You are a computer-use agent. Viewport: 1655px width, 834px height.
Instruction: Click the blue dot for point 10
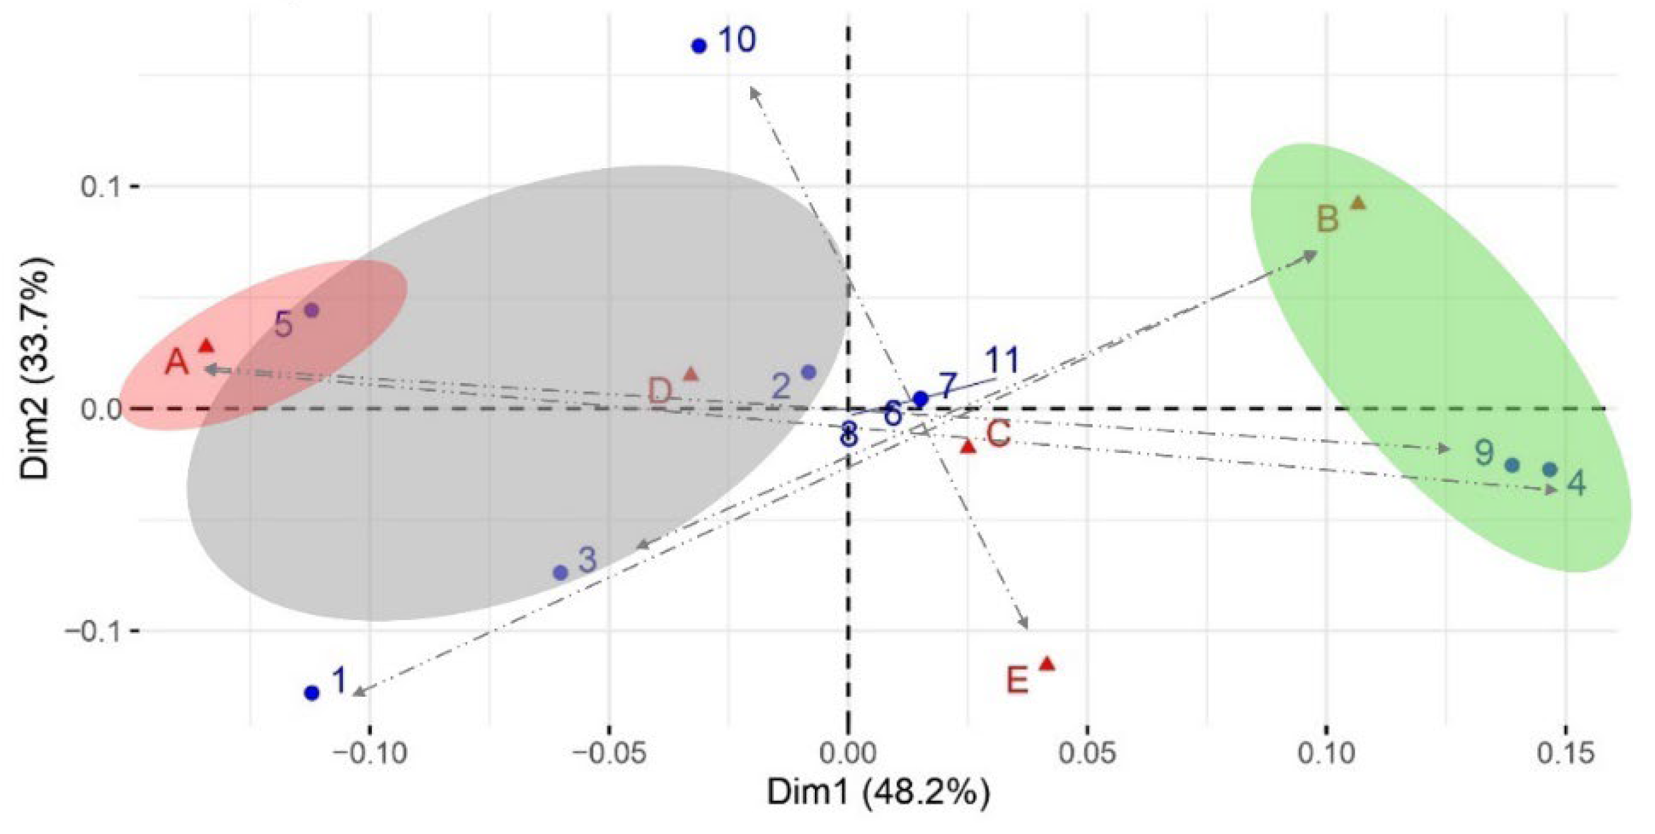click(699, 45)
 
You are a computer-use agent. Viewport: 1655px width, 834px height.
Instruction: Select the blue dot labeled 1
click(311, 692)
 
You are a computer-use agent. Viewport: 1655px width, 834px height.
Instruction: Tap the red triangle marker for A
click(206, 346)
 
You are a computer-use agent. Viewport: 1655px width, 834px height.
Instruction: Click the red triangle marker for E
click(1047, 663)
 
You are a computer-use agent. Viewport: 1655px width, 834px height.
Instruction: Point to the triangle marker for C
click(968, 446)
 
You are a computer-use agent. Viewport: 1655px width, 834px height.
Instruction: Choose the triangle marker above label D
click(691, 374)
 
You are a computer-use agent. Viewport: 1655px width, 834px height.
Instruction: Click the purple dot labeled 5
click(311, 311)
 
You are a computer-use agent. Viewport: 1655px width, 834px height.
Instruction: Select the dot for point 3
click(560, 573)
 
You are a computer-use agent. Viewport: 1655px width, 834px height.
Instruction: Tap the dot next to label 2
click(809, 372)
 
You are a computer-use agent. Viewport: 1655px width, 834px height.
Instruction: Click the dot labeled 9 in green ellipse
click(1512, 465)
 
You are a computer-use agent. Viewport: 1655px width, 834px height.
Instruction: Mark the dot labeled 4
click(1551, 470)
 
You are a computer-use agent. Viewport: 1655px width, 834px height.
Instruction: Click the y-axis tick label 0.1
click(101, 187)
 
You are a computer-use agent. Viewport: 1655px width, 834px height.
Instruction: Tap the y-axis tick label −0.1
click(93, 631)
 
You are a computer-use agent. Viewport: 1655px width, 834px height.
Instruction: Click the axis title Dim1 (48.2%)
click(878, 793)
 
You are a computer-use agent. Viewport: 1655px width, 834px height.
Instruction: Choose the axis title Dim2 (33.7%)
click(35, 368)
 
